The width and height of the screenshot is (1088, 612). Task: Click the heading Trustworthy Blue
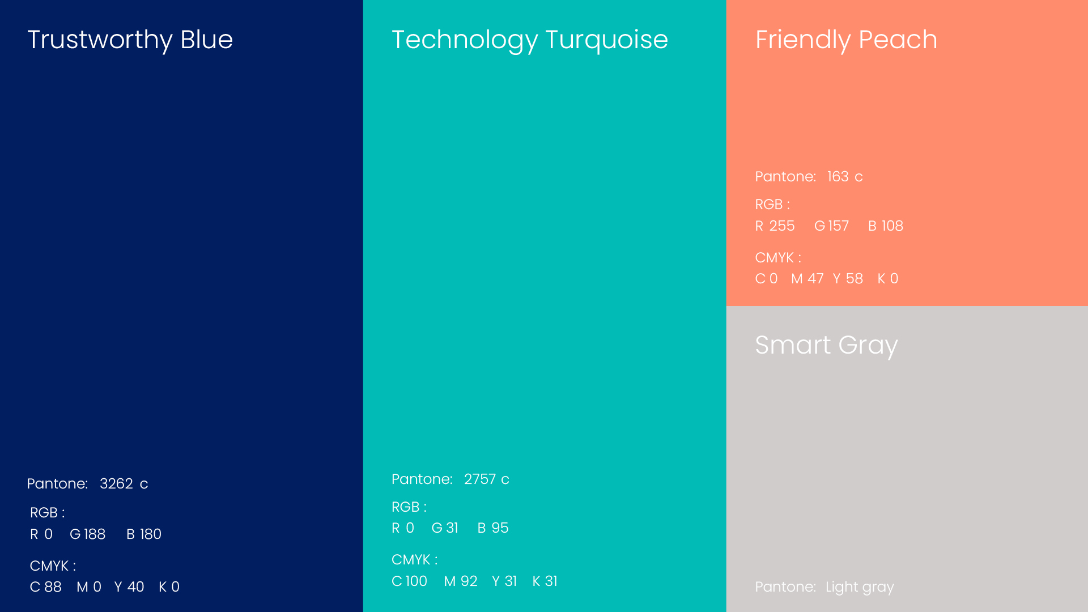[130, 40]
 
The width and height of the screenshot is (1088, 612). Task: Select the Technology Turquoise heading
[530, 40]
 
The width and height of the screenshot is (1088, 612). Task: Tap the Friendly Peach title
[846, 40]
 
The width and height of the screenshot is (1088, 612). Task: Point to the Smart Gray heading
[826, 346]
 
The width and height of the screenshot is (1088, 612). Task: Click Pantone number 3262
[116, 484]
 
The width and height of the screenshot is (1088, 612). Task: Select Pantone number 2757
[480, 479]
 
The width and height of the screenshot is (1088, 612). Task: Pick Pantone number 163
[838, 177]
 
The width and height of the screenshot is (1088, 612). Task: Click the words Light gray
[860, 588]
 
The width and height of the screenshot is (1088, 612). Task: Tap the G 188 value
[88, 534]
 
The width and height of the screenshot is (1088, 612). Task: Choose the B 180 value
[144, 534]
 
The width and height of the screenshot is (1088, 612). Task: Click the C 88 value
[46, 587]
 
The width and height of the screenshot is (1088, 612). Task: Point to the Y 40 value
[129, 587]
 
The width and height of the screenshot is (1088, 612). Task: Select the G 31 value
[445, 528]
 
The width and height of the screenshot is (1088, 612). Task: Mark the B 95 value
[493, 528]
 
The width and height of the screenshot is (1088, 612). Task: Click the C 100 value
[410, 581]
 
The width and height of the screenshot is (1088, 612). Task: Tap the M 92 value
[461, 581]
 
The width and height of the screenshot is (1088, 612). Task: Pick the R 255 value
[775, 226]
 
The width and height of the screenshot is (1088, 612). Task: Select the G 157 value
[832, 226]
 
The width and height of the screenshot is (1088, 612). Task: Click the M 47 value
[807, 279]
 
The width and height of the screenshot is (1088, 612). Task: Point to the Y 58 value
[848, 279]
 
